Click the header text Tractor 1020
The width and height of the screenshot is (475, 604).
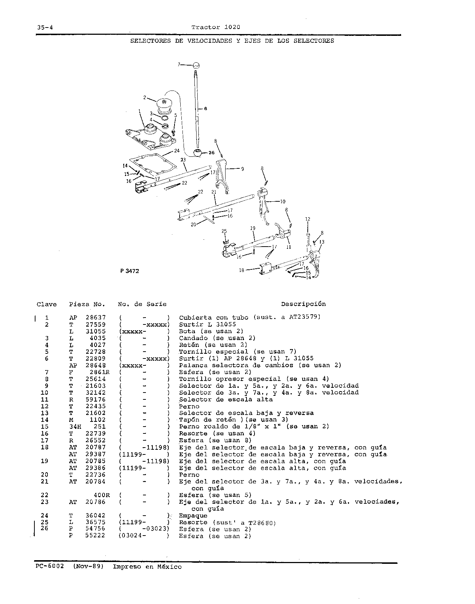[216, 27]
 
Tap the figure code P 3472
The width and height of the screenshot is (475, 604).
[129, 271]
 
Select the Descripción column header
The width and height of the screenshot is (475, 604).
[303, 304]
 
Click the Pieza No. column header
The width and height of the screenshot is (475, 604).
[87, 304]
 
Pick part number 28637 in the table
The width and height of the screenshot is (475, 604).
[96, 318]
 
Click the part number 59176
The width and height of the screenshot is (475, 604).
[96, 399]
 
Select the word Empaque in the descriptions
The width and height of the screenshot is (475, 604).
[193, 516]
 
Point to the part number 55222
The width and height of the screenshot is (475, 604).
[96, 536]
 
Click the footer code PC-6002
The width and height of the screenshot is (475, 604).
[50, 566]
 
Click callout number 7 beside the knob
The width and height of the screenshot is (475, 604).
[178, 65]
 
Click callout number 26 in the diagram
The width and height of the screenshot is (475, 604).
[211, 153]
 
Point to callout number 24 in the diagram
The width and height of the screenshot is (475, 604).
[177, 150]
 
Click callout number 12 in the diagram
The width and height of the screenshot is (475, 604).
[308, 219]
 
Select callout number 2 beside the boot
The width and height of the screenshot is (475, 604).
[144, 97]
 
